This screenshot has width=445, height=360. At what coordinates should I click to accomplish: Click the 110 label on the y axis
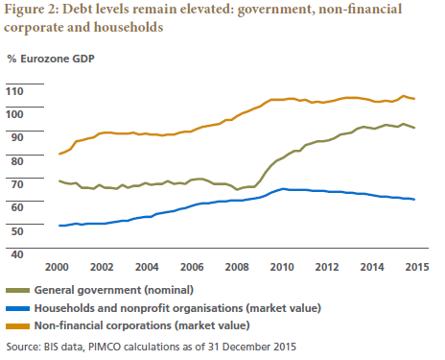click(x=14, y=91)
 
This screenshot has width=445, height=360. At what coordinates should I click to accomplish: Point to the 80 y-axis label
click(x=17, y=161)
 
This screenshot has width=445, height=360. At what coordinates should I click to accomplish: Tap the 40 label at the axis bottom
click(x=17, y=254)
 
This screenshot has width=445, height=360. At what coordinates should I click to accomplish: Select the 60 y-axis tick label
click(x=17, y=207)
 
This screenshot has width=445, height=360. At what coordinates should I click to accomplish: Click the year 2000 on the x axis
click(x=57, y=267)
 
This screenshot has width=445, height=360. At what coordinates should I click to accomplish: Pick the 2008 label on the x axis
click(x=237, y=267)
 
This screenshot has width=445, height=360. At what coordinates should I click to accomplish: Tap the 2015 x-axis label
click(x=417, y=267)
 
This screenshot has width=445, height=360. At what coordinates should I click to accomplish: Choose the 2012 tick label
click(x=327, y=267)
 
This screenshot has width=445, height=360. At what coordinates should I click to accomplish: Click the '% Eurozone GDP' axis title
click(x=51, y=59)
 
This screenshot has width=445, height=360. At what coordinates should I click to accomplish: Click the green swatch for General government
click(x=17, y=290)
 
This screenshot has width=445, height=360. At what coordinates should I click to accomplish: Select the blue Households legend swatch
click(x=17, y=308)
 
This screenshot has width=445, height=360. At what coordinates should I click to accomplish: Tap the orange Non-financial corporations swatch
click(x=17, y=326)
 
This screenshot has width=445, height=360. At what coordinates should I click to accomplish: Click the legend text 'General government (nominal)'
click(x=114, y=290)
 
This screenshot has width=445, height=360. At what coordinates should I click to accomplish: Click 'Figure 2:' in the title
click(x=32, y=10)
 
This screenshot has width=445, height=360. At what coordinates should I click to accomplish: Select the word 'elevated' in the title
click(x=206, y=9)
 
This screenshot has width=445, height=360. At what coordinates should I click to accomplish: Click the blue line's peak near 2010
click(x=283, y=189)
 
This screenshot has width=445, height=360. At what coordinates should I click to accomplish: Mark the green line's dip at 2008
click(x=237, y=189)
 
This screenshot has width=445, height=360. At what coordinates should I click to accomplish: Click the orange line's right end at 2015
click(x=414, y=99)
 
